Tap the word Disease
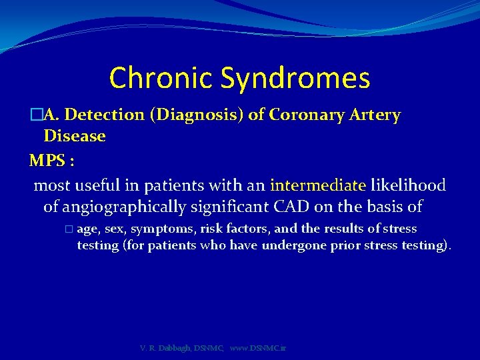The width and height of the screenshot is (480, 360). point(75,136)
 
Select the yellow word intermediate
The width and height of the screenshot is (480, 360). point(318,185)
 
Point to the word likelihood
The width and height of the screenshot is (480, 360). point(408,185)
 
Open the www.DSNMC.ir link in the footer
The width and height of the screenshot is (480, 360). point(258,348)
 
